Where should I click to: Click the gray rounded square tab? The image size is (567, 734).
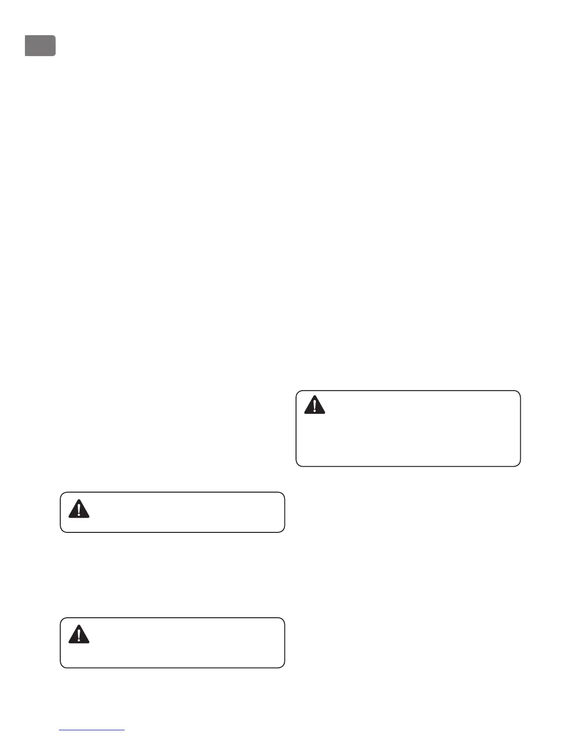pyautogui.click(x=40, y=45)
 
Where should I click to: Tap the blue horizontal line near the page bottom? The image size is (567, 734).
pyautogui.click(x=92, y=730)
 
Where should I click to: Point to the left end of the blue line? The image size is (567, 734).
pyautogui.click(x=60, y=730)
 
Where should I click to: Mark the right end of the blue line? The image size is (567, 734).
pyautogui.click(x=125, y=730)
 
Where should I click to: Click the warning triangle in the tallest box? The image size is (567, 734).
pyautogui.click(x=315, y=405)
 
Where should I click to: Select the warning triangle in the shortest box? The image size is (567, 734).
pyautogui.click(x=79, y=509)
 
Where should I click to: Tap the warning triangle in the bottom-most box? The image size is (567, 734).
pyautogui.click(x=79, y=635)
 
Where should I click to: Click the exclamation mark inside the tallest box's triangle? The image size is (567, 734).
pyautogui.click(x=315, y=406)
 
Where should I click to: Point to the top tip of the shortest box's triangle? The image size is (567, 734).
pyautogui.click(x=79, y=500)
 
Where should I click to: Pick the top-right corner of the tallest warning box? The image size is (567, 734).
pyautogui.click(x=520, y=391)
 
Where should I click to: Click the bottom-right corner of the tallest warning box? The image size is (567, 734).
pyautogui.click(x=520, y=466)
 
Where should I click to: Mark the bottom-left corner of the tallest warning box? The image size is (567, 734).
pyautogui.click(x=296, y=466)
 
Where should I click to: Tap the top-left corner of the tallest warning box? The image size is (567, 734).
pyautogui.click(x=296, y=391)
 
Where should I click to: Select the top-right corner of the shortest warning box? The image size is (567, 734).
pyautogui.click(x=284, y=493)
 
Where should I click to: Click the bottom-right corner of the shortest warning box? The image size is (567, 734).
pyautogui.click(x=284, y=532)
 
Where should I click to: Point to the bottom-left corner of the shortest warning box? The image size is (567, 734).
pyautogui.click(x=61, y=532)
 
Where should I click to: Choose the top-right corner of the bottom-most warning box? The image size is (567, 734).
pyautogui.click(x=284, y=618)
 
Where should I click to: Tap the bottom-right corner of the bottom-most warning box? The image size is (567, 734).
pyautogui.click(x=284, y=667)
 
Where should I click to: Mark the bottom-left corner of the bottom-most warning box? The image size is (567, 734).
pyautogui.click(x=61, y=667)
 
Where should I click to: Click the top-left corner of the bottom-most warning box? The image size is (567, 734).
pyautogui.click(x=61, y=618)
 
